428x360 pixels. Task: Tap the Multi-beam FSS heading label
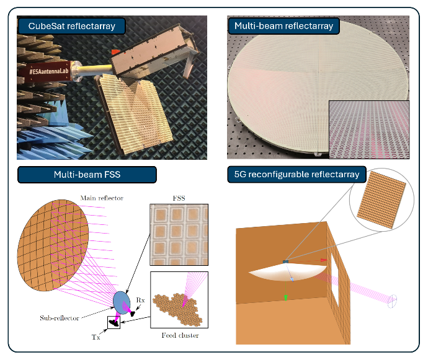pyautogui.click(x=87, y=175)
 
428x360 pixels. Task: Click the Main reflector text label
pyautogui.click(x=101, y=198)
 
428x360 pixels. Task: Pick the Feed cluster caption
pyautogui.click(x=179, y=335)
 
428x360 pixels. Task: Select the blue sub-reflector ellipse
pyautogui.click(x=122, y=302)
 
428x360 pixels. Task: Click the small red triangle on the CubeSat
pyautogui.click(x=115, y=53)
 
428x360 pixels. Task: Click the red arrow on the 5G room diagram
pyautogui.click(x=323, y=260)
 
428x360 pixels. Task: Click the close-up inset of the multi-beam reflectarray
pyautogui.click(x=370, y=130)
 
